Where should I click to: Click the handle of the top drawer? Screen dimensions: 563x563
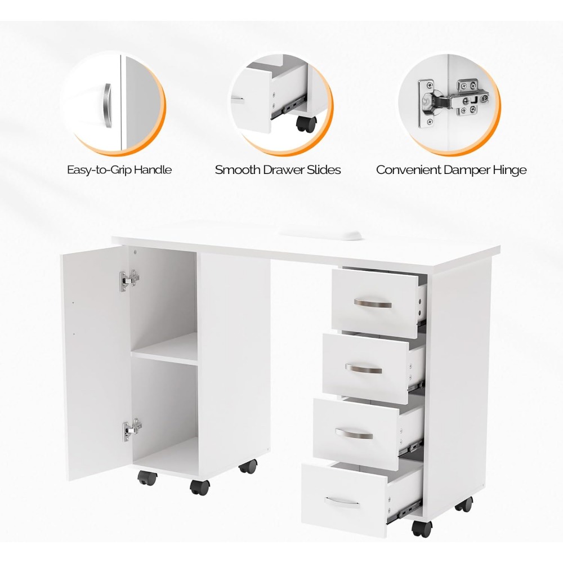(x=373, y=304)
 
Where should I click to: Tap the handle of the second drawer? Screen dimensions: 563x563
(x=364, y=369)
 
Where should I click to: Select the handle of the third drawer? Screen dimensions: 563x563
(x=354, y=434)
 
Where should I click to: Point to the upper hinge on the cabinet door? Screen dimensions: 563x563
(x=129, y=279)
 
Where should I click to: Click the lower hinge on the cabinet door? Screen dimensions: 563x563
(x=132, y=430)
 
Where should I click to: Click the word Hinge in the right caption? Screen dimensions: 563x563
(x=508, y=169)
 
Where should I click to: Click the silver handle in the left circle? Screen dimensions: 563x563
(x=108, y=105)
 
